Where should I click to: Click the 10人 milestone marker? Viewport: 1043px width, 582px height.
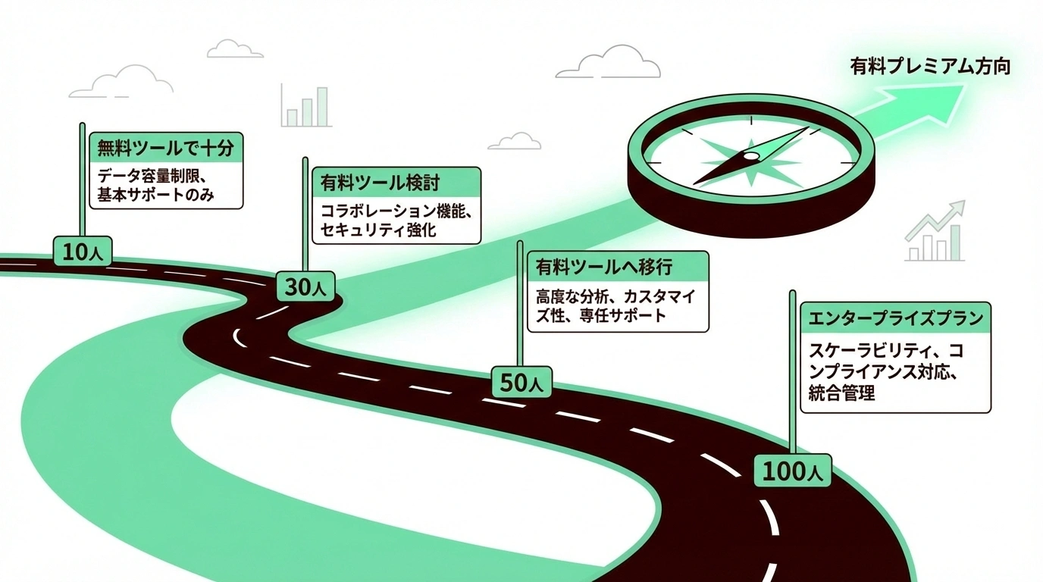(83, 251)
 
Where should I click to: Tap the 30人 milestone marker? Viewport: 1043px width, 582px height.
(305, 287)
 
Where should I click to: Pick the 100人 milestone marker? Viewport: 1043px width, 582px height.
(792, 471)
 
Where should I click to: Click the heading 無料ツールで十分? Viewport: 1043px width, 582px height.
(165, 147)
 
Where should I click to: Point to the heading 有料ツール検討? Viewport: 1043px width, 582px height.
(380, 183)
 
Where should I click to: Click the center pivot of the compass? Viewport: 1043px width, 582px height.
(750, 156)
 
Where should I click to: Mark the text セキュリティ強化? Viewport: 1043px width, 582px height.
(378, 230)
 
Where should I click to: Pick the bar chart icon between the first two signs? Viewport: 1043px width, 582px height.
(306, 106)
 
